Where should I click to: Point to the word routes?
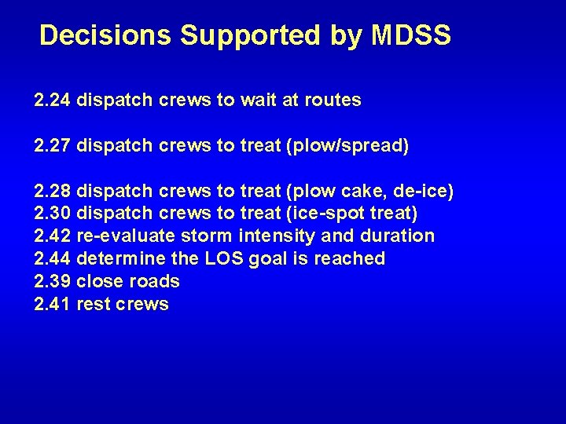coord(331,101)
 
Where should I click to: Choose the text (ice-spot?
coord(323,214)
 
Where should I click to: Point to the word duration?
coord(398,236)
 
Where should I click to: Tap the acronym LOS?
coord(225,259)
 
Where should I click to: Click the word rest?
coord(94,304)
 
